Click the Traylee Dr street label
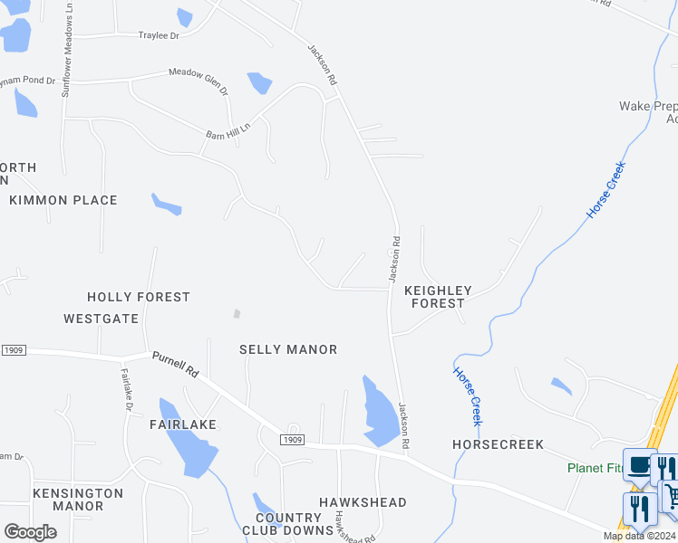159,35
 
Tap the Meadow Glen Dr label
199,82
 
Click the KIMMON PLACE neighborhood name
63,200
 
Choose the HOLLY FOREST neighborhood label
139,297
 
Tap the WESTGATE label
101,319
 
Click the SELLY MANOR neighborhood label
288,349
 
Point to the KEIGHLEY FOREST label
438,297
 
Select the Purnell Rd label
175,365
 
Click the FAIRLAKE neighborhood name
183,424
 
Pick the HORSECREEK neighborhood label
498,444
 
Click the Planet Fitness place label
596,468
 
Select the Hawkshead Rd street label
343,526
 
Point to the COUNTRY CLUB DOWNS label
283,524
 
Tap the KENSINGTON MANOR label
78,500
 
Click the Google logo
31,532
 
